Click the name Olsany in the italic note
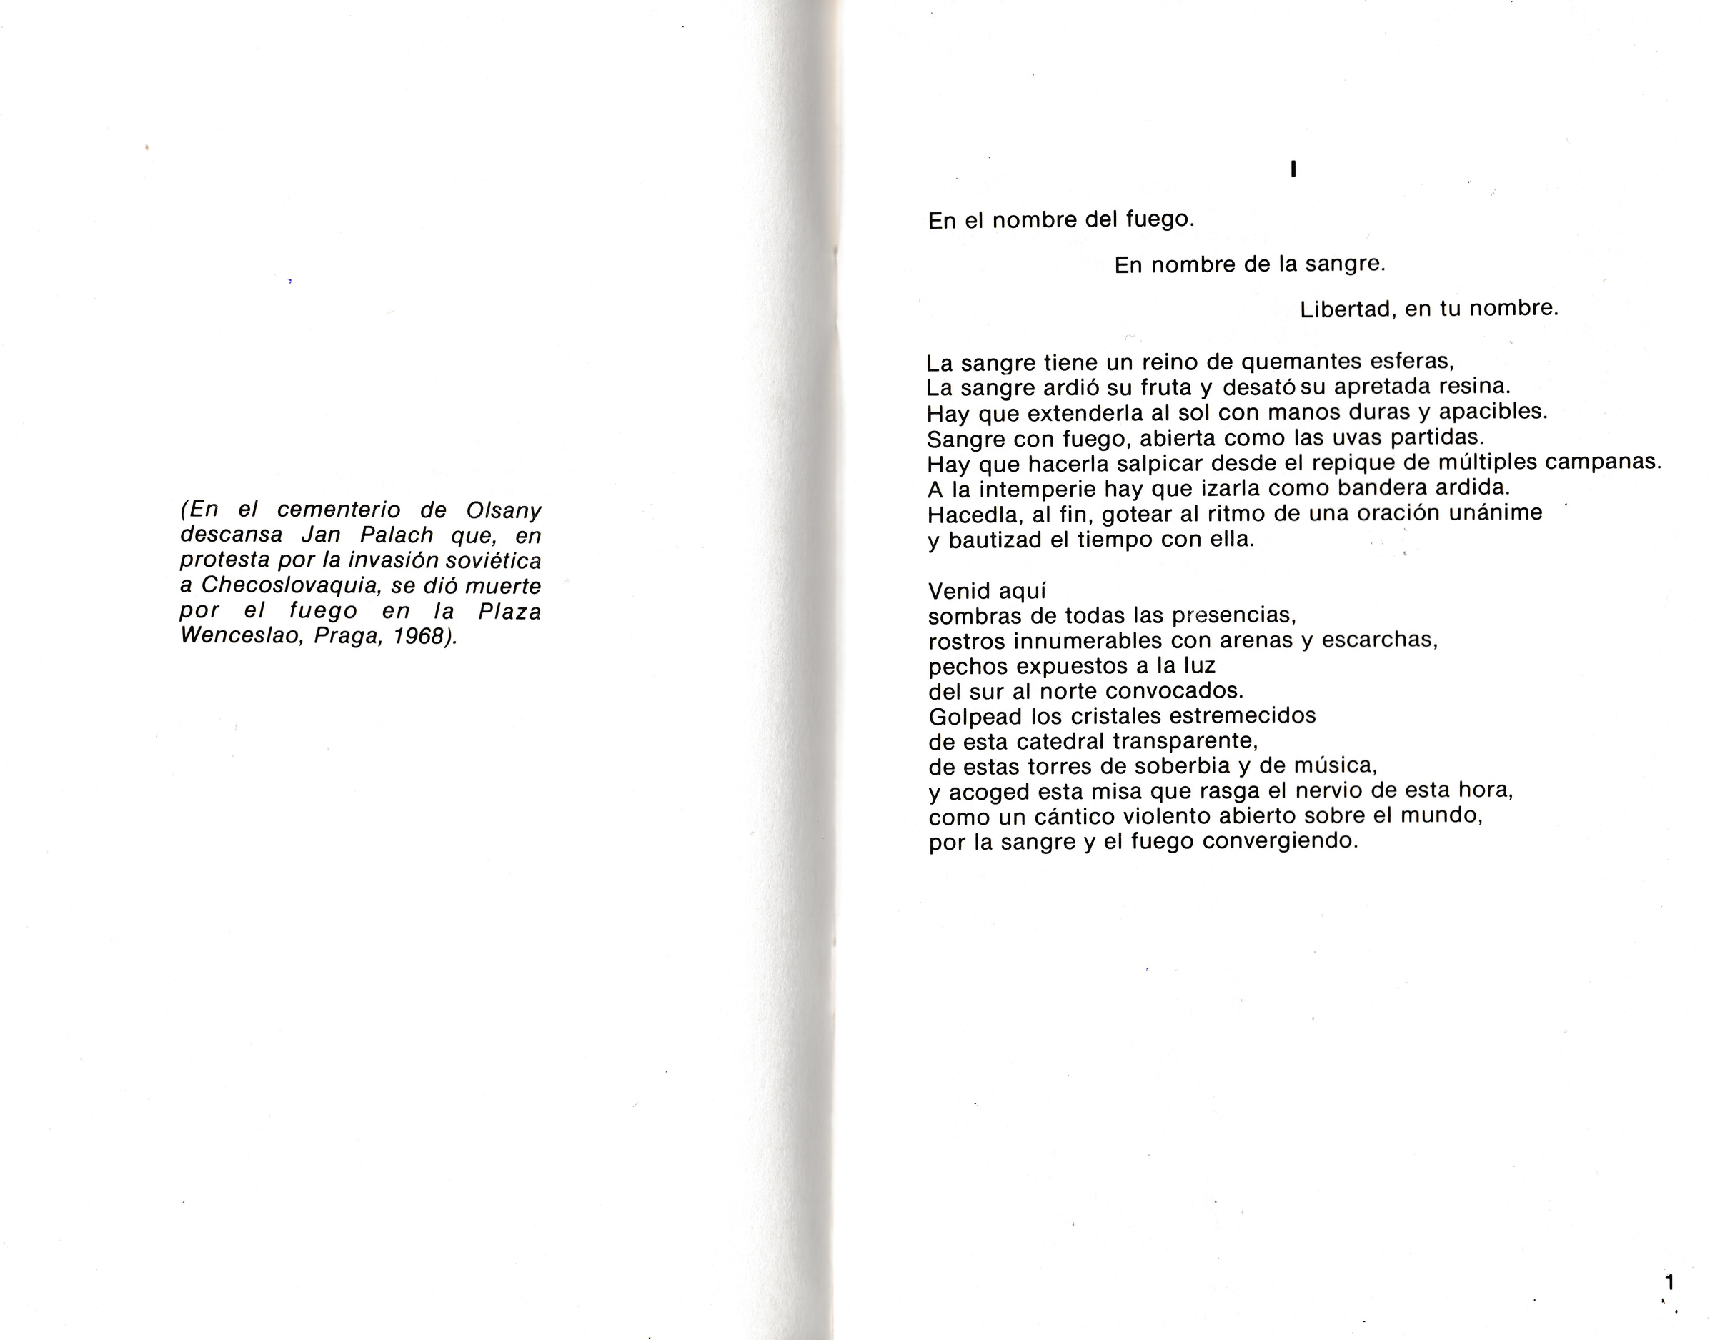click(x=503, y=510)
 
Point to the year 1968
click(x=424, y=636)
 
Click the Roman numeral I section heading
click(x=1293, y=169)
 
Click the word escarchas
click(x=1379, y=640)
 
